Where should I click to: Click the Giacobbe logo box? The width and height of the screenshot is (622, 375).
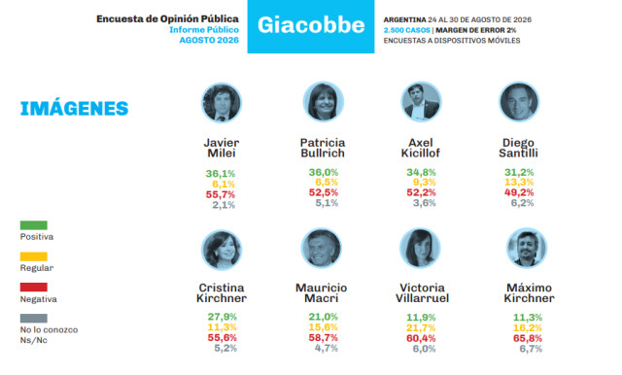pos(311,26)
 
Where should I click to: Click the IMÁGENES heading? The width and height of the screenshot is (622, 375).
pos(74,109)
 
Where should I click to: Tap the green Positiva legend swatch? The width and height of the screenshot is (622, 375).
pos(34,225)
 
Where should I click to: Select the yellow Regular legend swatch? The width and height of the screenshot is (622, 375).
pos(34,256)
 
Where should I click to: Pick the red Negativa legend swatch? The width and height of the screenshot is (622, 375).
pos(34,287)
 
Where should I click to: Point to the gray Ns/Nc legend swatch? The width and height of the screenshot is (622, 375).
pos(34,319)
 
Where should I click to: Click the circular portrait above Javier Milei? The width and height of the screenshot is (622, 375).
pos(222,103)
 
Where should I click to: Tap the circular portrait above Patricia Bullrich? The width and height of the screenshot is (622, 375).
pos(324,102)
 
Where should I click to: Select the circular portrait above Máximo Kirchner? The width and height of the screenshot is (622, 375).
pos(527,248)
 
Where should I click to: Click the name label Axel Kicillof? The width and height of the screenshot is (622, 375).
pos(421,148)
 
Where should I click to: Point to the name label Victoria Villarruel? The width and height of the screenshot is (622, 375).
pos(422,293)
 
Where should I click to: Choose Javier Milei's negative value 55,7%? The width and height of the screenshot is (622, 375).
pos(221,194)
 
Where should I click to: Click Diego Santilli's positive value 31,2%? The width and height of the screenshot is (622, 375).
pos(519,172)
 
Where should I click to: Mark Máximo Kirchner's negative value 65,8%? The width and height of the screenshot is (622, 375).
pos(528,338)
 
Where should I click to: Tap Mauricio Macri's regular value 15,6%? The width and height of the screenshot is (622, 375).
pos(324,327)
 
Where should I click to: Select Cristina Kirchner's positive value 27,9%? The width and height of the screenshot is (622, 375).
pos(223,317)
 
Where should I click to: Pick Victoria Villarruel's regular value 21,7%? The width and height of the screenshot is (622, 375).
pos(421,328)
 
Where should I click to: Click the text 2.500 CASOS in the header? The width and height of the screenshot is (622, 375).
pos(406,30)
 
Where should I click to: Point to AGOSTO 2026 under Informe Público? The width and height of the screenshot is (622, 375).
pos(209,40)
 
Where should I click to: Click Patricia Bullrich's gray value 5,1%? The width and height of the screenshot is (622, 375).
pos(327,203)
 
